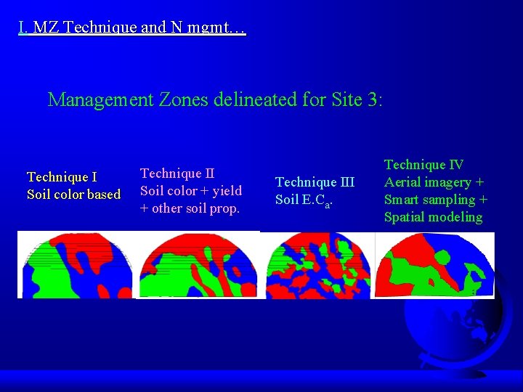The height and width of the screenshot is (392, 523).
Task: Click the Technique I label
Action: (x=62, y=177)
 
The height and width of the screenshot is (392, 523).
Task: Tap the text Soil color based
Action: (x=73, y=195)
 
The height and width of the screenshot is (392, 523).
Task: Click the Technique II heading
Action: (x=177, y=173)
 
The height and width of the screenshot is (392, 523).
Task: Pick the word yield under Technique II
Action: (x=226, y=191)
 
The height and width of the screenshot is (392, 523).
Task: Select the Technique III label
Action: (x=315, y=182)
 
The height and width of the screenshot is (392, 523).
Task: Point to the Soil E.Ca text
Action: (x=304, y=200)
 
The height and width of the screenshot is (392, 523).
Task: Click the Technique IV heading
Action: (x=423, y=165)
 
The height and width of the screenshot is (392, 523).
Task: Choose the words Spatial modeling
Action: (x=433, y=217)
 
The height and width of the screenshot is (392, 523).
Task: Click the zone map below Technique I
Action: (x=75, y=264)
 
